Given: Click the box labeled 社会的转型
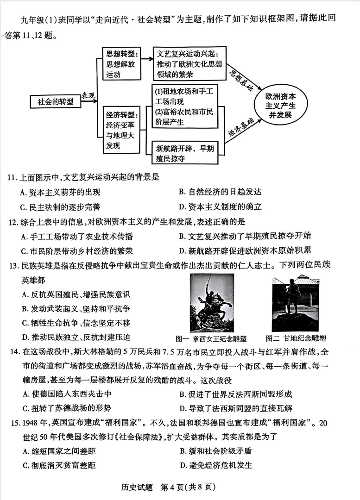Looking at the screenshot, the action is (55, 101).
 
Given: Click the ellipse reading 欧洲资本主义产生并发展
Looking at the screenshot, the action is (280, 106).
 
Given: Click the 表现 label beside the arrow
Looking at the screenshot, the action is (89, 95).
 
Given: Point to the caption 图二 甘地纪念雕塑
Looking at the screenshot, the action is (296, 338).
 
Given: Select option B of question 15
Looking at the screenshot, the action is (215, 451).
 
